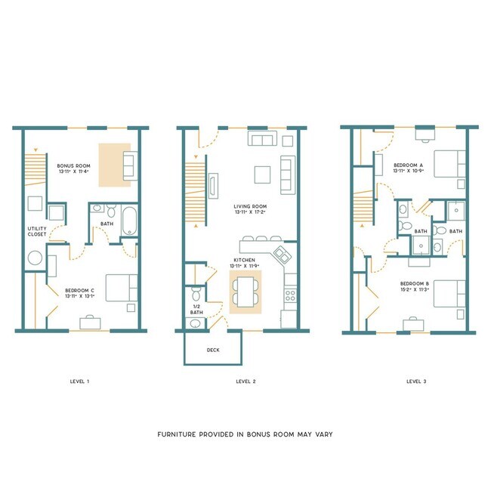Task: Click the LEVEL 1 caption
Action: point(79,381)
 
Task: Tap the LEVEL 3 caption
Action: point(415,381)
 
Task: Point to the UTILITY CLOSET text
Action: point(37,231)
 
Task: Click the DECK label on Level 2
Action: point(214,350)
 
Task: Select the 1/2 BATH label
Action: point(196,309)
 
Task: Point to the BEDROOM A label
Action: point(409,168)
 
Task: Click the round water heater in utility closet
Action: point(36,258)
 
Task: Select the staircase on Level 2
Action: point(196,193)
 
